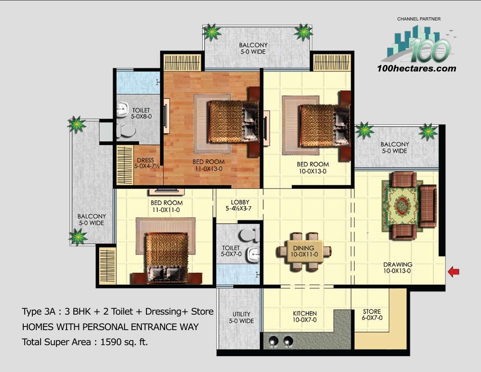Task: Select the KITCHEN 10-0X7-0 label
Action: pos(305,317)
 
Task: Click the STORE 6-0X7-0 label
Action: pos(372,315)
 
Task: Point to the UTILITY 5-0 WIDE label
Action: pos(241,317)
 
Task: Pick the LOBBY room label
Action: pos(240,205)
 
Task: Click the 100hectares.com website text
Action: pos(417,69)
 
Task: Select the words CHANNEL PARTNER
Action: pos(419,19)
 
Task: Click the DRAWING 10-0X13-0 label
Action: pos(398,268)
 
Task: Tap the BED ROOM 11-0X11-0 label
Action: pos(166,206)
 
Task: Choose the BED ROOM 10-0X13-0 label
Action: pos(313,168)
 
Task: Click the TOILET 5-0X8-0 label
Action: pos(141,113)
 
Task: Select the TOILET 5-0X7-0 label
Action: pos(231,251)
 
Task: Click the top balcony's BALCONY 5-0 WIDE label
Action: pos(253,48)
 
